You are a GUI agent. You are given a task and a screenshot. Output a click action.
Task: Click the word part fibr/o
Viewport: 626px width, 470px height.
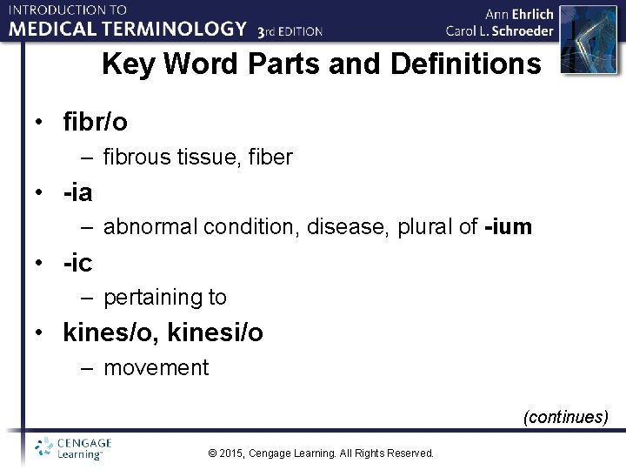pos(95,123)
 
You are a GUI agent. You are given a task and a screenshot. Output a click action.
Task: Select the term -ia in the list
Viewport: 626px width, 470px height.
pos(77,192)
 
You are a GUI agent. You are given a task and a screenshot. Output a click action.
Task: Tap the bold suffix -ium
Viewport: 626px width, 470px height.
pos(508,227)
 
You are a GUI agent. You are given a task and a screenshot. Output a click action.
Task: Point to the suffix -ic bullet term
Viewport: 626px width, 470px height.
pos(77,262)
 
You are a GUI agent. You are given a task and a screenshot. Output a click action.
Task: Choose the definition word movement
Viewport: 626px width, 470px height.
pos(156,367)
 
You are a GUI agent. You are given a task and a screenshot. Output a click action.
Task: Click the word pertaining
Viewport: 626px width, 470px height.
pos(152,298)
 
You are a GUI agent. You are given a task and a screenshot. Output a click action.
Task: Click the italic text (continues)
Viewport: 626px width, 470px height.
pos(565,417)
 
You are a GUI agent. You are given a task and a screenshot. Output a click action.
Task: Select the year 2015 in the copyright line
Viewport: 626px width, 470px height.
pos(230,453)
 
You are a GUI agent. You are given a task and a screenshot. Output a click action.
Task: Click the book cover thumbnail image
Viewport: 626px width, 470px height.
pos(582,39)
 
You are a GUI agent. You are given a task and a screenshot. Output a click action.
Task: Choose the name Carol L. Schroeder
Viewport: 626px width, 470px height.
pos(499,30)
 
